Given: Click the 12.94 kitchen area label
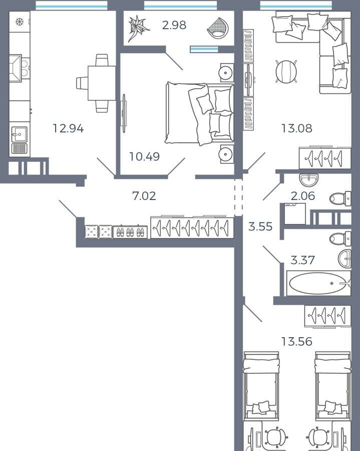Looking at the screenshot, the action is [x=68, y=128].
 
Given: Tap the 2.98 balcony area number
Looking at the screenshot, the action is [x=174, y=25].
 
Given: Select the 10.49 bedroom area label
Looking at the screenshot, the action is [x=144, y=156].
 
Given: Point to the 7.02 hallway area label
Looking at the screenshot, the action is [x=144, y=196].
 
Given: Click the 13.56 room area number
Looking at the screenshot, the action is [x=296, y=341].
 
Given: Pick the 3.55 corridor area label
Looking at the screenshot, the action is [x=260, y=227].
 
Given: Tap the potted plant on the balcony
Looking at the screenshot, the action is [x=139, y=28].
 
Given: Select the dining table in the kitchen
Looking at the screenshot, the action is [x=102, y=83].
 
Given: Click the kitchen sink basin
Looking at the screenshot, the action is [x=19, y=134].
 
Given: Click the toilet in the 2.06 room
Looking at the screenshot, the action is [x=340, y=198].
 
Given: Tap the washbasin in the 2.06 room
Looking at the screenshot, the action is [x=309, y=180].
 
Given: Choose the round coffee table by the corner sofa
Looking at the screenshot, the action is [x=286, y=71].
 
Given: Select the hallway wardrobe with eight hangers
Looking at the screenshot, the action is [x=192, y=227].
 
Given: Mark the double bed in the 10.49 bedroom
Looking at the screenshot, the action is [x=199, y=113].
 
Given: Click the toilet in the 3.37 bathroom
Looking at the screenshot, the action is [x=340, y=239].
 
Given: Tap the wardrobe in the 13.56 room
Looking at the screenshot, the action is [x=328, y=316].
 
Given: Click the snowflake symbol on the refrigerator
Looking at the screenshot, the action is [x=20, y=22].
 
